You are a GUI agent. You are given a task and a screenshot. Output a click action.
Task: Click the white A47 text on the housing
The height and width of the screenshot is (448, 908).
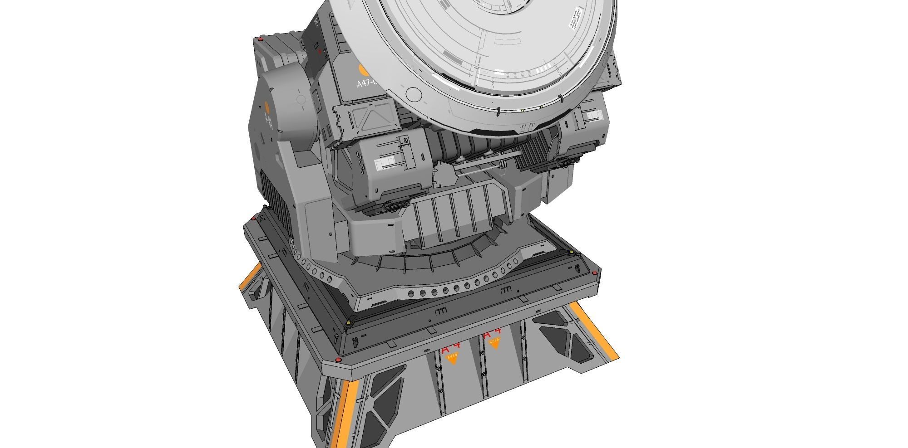(x=367, y=83)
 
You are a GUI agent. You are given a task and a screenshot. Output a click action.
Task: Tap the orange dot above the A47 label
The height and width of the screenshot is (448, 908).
(x=364, y=70)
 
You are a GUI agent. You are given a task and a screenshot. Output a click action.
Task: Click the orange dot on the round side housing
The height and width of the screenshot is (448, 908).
(x=267, y=107)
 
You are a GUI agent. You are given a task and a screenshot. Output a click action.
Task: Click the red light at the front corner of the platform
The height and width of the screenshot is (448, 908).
(x=338, y=360)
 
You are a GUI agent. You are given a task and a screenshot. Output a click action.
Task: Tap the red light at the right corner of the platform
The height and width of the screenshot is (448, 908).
(x=595, y=273)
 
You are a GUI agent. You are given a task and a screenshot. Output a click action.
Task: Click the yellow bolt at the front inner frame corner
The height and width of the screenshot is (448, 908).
(x=348, y=323)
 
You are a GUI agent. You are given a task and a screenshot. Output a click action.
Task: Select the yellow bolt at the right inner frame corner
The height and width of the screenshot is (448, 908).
(x=571, y=252)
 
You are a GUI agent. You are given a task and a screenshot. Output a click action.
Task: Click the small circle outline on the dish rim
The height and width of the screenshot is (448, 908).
(x=413, y=94)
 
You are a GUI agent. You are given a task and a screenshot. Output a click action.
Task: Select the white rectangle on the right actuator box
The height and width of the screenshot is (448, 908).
(x=592, y=117)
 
